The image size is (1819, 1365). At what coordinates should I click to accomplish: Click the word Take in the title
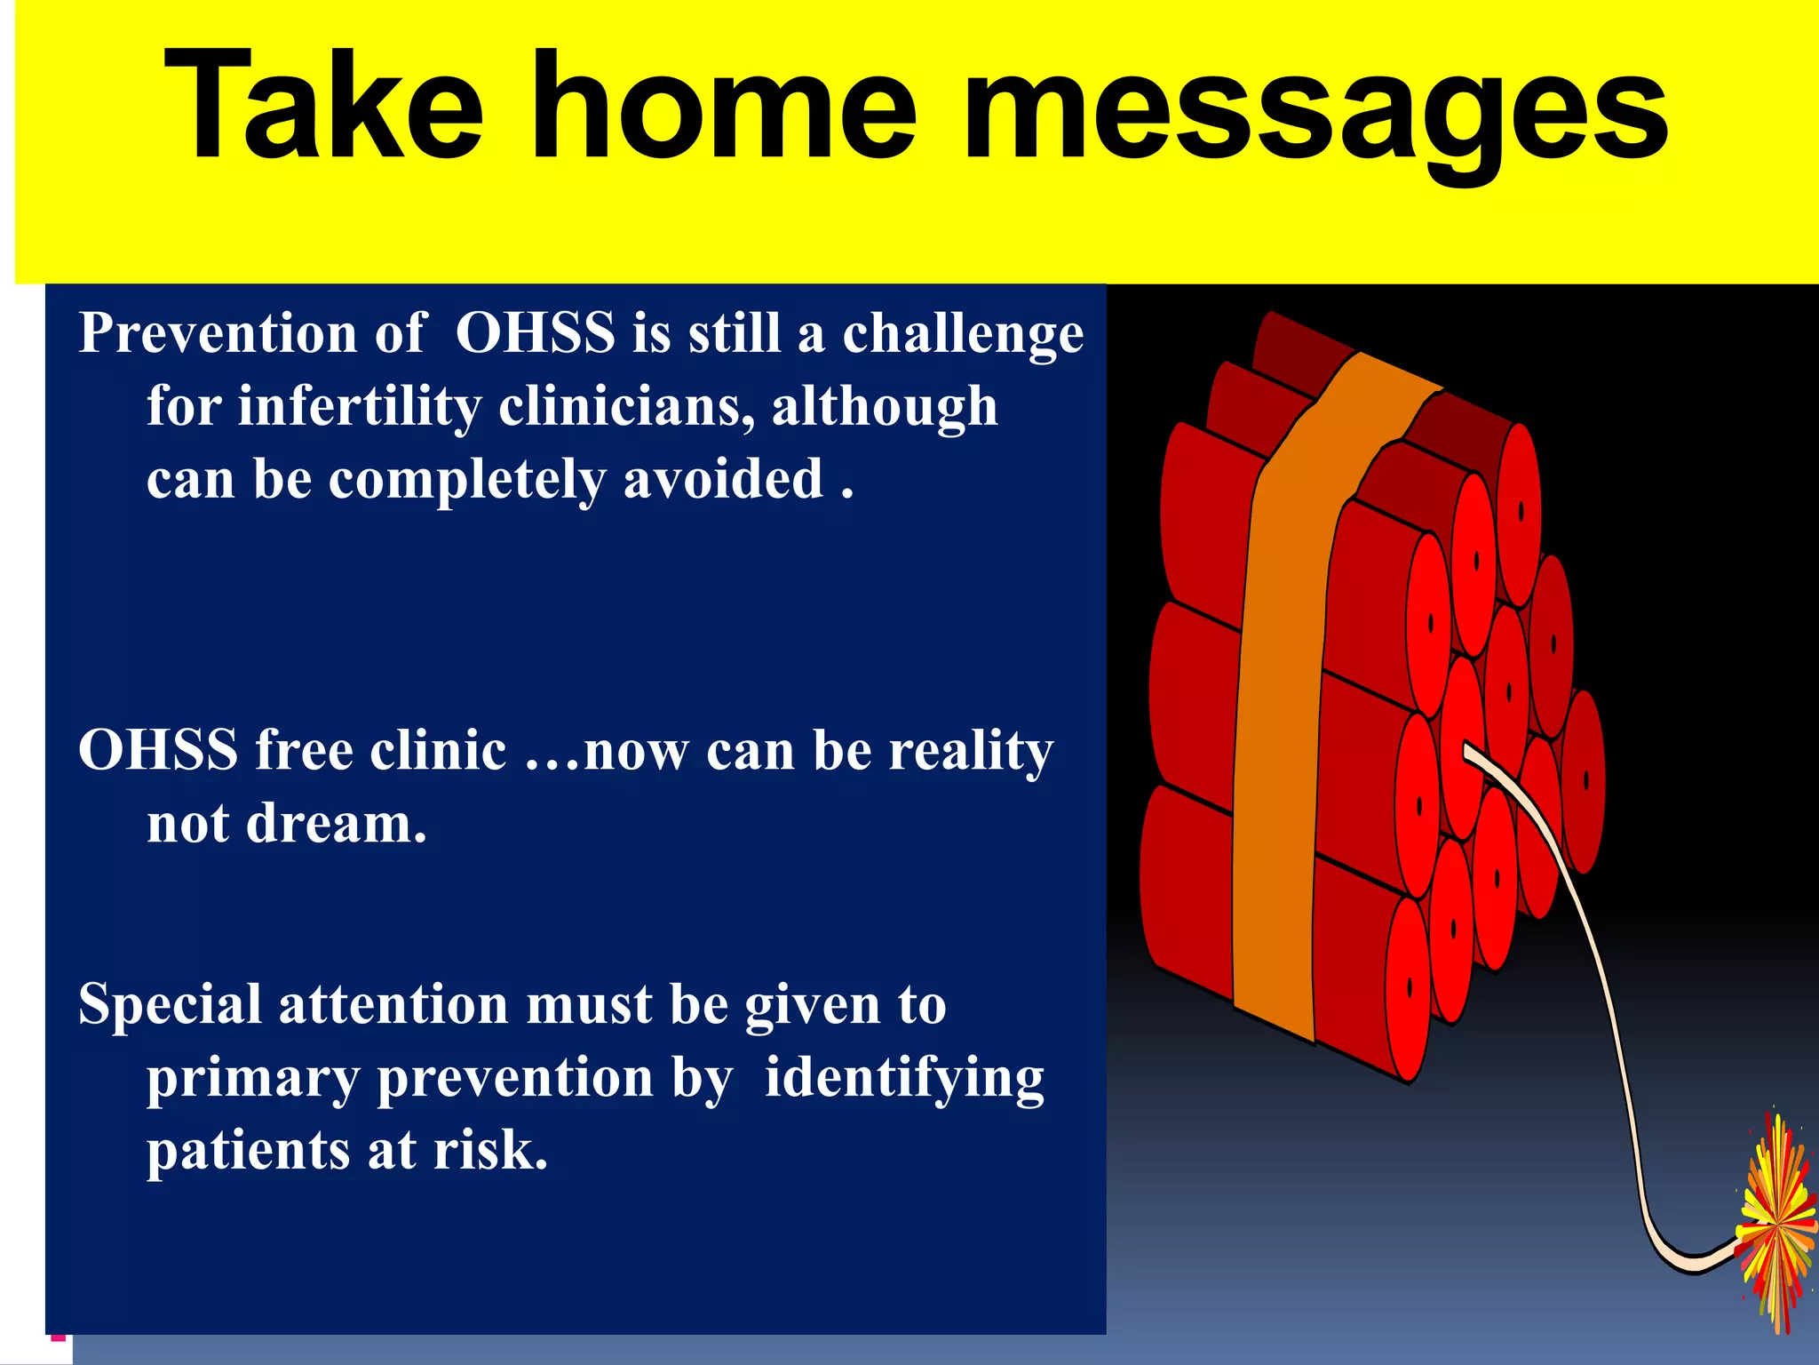point(324,107)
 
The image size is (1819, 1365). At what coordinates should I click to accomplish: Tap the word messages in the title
point(1315,111)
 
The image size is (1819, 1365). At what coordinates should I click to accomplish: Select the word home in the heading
point(724,107)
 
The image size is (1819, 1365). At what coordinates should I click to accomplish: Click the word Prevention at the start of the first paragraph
point(218,333)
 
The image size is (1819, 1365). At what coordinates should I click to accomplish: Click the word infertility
point(360,407)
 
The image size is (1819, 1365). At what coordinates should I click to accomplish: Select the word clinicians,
point(627,407)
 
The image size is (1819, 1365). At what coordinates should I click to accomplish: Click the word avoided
point(723,480)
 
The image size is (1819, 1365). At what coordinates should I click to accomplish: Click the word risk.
point(489,1151)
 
